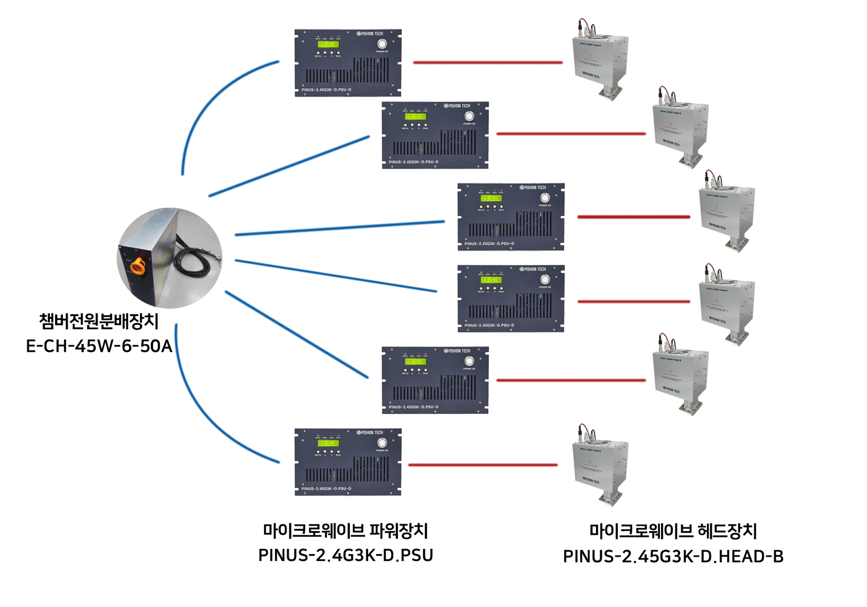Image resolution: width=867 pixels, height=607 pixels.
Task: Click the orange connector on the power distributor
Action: click(138, 266)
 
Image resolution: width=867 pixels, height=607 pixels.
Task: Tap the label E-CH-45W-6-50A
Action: click(99, 346)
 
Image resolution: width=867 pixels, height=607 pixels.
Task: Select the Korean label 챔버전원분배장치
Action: click(99, 321)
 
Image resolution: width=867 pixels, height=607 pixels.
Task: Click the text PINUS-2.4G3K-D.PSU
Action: click(345, 555)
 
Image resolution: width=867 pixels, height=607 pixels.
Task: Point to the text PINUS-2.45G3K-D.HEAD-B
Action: click(673, 556)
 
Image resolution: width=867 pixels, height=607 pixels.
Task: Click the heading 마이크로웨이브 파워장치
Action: click(345, 531)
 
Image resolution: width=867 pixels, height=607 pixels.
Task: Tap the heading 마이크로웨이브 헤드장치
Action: click(673, 531)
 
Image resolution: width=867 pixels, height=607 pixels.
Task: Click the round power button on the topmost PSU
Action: click(382, 43)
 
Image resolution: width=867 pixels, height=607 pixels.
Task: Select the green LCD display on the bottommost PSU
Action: click(328, 443)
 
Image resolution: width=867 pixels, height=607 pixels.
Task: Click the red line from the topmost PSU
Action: click(488, 62)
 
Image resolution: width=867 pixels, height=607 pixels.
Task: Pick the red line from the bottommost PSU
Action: click(483, 465)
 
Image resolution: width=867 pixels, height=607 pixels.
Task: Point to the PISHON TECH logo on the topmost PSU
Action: click(370, 33)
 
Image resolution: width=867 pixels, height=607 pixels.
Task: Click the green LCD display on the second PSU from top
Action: click(415, 117)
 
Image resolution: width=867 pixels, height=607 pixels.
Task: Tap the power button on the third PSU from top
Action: click(545, 198)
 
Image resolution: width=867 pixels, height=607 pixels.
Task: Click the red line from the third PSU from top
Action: click(634, 217)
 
